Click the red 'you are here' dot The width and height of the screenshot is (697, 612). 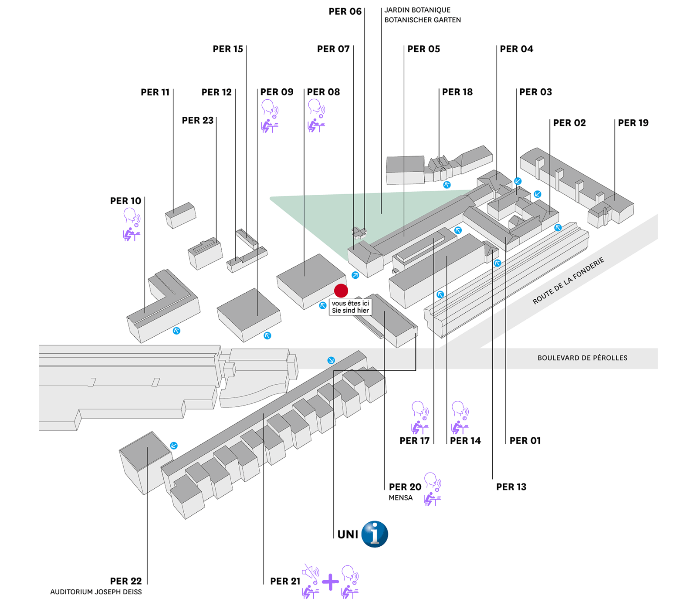(x=341, y=291)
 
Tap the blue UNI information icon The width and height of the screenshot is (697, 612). (x=375, y=534)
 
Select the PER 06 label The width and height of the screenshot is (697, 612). (x=345, y=12)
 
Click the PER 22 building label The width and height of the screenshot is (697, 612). (x=125, y=581)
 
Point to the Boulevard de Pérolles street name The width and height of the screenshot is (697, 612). (x=582, y=358)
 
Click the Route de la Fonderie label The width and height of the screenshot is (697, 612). (x=568, y=281)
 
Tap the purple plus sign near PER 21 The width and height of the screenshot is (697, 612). (x=331, y=582)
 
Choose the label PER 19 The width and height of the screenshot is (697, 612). (x=633, y=123)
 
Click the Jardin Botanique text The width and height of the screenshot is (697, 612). (x=417, y=10)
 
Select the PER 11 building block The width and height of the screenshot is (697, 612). (x=180, y=214)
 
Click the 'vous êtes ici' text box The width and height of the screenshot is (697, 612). (x=350, y=307)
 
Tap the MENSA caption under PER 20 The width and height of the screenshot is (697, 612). (x=400, y=498)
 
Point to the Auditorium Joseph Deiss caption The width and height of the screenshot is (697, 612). (x=96, y=592)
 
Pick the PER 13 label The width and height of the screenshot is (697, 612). (x=511, y=487)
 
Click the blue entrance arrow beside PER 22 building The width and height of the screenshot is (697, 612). (x=174, y=446)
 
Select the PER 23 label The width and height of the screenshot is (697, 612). (x=197, y=121)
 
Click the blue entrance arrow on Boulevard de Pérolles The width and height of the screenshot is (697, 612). (x=331, y=360)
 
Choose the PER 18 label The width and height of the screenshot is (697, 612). (x=457, y=92)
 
